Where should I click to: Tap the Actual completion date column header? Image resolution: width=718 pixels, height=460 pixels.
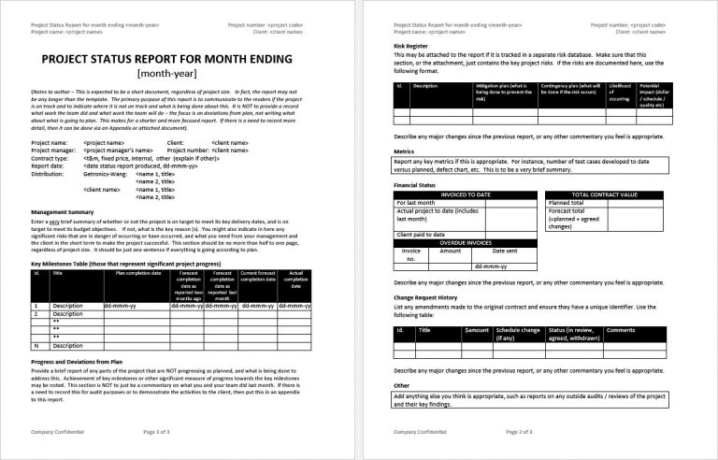pos(295,280)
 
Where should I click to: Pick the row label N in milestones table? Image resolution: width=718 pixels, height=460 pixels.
pos(36,345)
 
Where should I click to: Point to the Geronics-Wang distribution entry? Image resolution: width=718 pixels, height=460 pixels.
pos(105,173)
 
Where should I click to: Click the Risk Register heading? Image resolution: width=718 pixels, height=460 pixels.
pos(413,44)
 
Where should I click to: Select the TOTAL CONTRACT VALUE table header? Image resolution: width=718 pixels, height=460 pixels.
pos(604,221)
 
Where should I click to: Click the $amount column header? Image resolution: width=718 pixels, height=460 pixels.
pos(477,330)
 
